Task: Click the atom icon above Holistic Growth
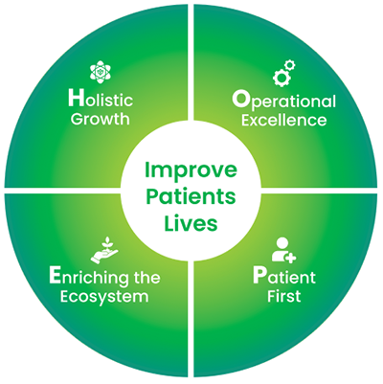pos(101,72)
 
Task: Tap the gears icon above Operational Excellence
pos(283,73)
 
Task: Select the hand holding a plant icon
pos(104,250)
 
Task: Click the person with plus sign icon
pos(283,250)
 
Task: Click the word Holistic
pos(101,99)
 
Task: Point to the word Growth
pos(101,120)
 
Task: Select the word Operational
pos(283,102)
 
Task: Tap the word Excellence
pos(283,121)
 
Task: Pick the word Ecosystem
pos(104,297)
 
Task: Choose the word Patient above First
pos(284,277)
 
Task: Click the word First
pos(284,296)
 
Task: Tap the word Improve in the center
pos(191,169)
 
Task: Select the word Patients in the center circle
pos(191,196)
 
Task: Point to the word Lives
pos(191,223)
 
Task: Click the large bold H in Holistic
pos(76,98)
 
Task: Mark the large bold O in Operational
pos(240,100)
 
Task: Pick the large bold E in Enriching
pos(55,276)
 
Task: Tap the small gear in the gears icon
pos(290,65)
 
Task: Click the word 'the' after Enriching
pos(147,277)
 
